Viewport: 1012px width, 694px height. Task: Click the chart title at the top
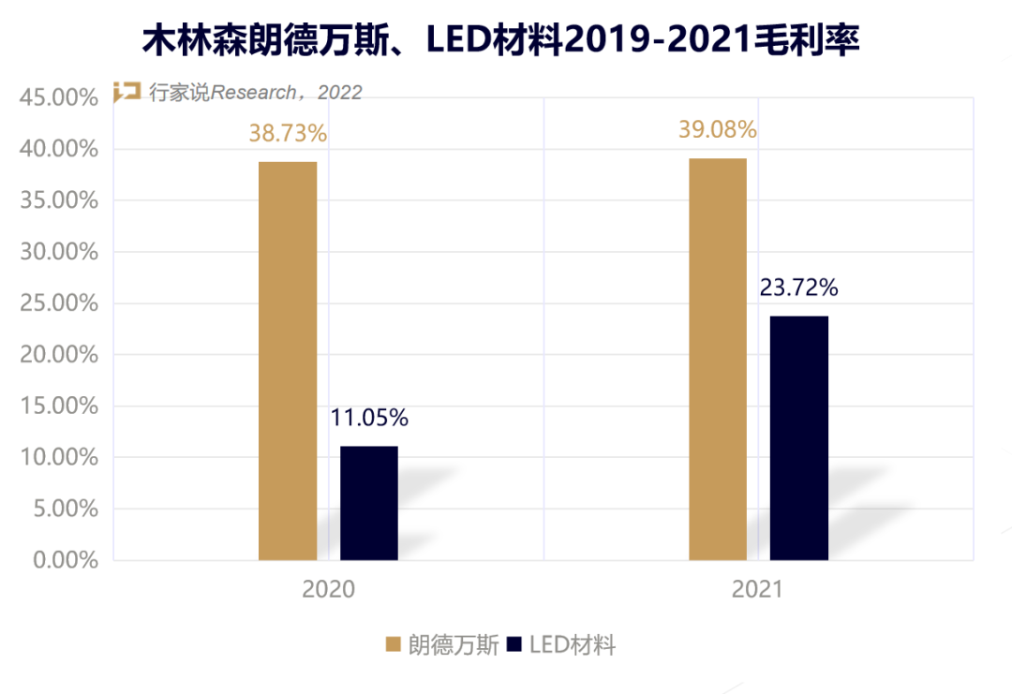tap(500, 41)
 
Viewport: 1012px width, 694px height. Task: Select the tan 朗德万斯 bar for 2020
tap(288, 361)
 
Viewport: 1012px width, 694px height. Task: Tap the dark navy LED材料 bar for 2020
tap(369, 503)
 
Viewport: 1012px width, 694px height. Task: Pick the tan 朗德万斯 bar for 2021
tap(718, 359)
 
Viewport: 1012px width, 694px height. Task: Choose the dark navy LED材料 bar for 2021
tap(799, 437)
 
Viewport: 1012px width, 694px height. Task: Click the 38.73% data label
tap(288, 134)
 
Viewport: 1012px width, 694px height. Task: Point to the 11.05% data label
tap(369, 418)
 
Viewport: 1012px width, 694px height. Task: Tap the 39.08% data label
tap(718, 129)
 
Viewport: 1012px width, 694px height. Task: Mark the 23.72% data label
tap(799, 288)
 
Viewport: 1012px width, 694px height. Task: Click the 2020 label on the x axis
tap(329, 590)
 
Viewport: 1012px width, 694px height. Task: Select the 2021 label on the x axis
tap(757, 590)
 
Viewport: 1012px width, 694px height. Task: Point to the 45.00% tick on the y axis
tap(59, 97)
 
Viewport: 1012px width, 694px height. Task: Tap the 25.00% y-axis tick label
tap(59, 303)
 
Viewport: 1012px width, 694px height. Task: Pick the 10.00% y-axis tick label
tap(59, 457)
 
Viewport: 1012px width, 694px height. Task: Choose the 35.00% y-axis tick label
tap(59, 200)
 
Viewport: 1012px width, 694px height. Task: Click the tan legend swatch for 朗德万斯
tap(394, 644)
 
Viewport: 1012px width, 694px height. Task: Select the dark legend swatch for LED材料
tap(513, 644)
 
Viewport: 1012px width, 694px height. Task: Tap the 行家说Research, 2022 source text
tap(255, 92)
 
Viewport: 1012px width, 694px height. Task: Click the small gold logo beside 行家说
tap(126, 91)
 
